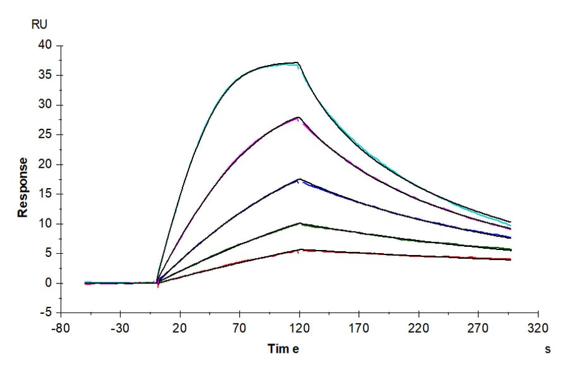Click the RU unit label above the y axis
39,25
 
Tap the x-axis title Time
283,349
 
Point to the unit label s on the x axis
548,349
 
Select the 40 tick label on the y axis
45,45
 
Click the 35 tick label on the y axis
45,75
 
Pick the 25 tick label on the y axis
45,134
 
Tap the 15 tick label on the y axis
45,194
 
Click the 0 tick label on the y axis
48,283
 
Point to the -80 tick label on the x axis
61,328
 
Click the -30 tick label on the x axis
120,328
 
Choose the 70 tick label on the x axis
240,328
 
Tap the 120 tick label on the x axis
300,328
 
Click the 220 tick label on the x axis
418,328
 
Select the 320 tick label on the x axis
538,328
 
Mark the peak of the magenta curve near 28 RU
299,118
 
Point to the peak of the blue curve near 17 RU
300,181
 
